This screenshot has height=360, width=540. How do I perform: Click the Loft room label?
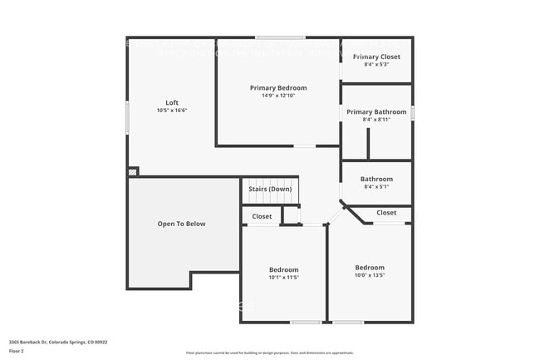point(171,103)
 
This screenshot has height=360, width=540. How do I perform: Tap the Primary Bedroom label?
point(278,88)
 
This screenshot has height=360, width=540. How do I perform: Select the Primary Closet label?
point(376,57)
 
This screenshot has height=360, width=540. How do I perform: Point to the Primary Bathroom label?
point(376,112)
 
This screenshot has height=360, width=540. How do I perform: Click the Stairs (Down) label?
point(269,189)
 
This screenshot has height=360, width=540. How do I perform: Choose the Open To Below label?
point(181,224)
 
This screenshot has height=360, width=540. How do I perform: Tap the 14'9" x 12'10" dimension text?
point(278,96)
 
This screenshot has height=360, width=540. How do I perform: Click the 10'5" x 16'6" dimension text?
point(171,111)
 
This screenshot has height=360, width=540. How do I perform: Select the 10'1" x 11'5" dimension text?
point(283,278)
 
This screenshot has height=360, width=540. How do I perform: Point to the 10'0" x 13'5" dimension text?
point(370,275)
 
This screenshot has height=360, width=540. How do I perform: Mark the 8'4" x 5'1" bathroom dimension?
point(376,186)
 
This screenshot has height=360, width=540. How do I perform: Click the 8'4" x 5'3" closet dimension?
point(376,65)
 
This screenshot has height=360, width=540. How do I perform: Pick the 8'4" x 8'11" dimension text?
point(376,120)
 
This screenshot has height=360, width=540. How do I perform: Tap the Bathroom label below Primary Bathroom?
point(376,179)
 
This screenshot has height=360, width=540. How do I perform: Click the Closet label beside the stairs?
point(262,216)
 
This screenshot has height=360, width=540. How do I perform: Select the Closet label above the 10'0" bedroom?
point(386,213)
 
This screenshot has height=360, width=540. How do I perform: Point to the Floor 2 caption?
point(17,351)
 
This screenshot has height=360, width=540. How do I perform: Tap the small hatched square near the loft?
point(132,172)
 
